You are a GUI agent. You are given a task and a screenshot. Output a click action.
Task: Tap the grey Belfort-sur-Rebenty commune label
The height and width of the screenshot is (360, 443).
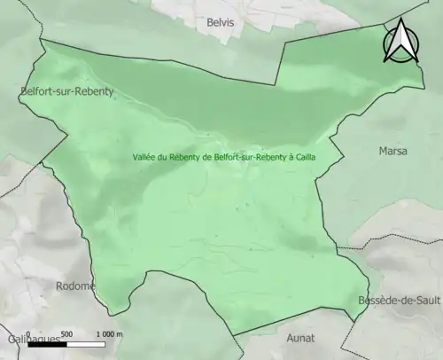pyautogui.click(x=67, y=90)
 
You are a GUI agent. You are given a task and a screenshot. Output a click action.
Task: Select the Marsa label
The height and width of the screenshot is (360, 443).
pyautogui.click(x=392, y=151)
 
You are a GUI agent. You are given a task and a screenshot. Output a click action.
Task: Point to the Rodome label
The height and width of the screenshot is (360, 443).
pyautogui.click(x=76, y=286)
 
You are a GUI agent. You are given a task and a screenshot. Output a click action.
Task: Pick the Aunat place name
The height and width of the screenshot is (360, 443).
pyautogui.click(x=301, y=338)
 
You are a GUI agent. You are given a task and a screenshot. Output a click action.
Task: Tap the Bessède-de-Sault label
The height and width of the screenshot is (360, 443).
pyautogui.click(x=398, y=301)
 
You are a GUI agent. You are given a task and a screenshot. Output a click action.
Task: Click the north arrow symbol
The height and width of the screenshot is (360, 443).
pyautogui.click(x=400, y=43)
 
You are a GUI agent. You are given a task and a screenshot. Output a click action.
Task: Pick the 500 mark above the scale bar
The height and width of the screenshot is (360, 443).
pyautogui.click(x=67, y=333)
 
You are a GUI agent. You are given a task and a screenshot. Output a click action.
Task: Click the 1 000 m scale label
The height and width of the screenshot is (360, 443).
pyautogui.click(x=111, y=333)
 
